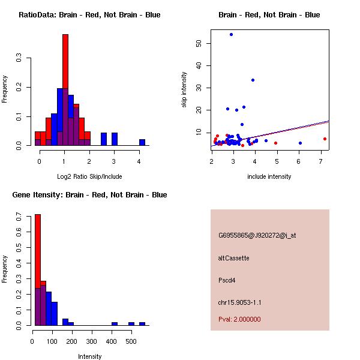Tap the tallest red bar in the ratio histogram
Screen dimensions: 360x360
click(65, 90)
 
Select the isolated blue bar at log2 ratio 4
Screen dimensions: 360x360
click(142, 143)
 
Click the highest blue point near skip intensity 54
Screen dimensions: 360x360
click(231, 34)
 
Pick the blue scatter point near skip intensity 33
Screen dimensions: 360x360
click(253, 80)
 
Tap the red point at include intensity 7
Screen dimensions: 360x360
click(325, 139)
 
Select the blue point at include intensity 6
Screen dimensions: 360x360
click(300, 143)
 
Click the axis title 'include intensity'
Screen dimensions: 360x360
click(269, 176)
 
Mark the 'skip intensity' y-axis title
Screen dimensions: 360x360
click(184, 90)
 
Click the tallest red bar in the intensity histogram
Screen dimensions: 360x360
click(38, 270)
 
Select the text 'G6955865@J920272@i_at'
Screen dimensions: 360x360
click(257, 235)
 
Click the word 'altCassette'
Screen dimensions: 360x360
click(233, 258)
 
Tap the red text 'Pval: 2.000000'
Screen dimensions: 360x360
click(239, 319)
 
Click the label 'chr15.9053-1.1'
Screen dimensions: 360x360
click(240, 302)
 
